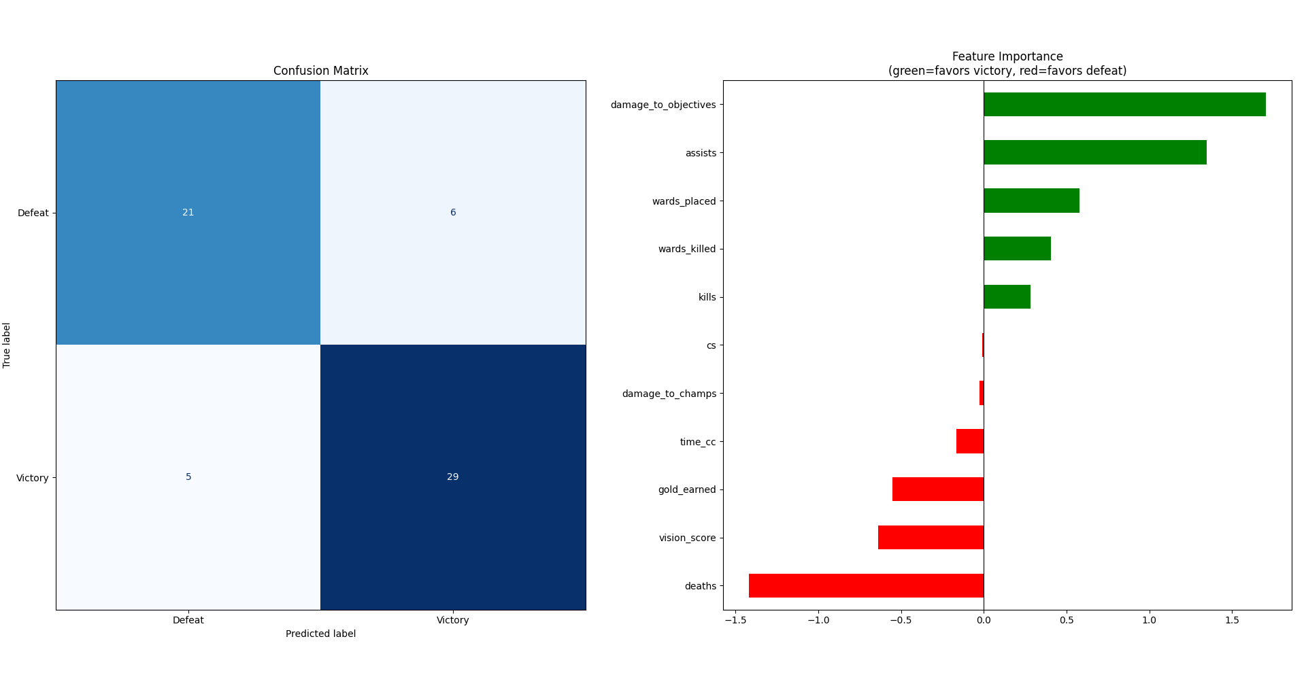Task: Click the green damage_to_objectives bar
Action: coord(1124,105)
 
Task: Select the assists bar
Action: coord(1094,152)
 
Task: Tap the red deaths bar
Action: coord(866,585)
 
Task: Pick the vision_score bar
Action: coord(931,537)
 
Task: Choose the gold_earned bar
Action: coord(937,489)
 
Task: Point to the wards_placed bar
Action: coord(1031,201)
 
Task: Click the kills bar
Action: coord(1007,296)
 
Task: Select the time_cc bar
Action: coord(969,441)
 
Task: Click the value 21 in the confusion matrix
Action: coord(188,212)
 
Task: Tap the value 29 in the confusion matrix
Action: coord(452,477)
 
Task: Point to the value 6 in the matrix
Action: coord(452,212)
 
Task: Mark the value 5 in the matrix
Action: coord(188,477)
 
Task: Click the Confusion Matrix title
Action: coord(320,71)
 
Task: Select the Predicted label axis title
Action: coord(320,634)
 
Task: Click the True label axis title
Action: coord(7,345)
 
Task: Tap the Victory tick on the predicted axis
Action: coord(452,620)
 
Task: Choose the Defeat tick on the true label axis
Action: coord(33,213)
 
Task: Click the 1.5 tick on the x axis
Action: coord(1231,620)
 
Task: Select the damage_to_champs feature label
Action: coord(669,394)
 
